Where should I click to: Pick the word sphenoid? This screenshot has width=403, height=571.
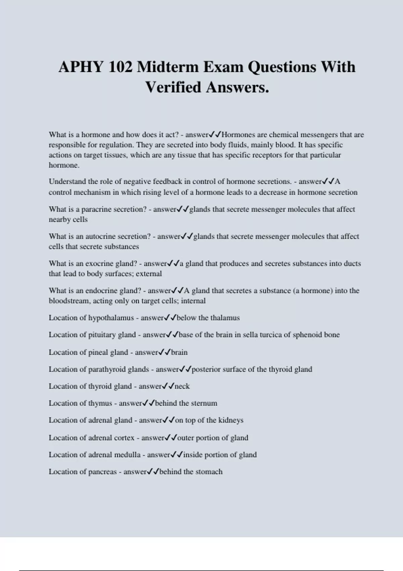[306, 335]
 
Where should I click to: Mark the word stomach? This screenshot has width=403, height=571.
[209, 472]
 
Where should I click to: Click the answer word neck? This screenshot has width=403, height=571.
[182, 386]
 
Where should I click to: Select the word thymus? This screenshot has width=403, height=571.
[100, 403]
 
